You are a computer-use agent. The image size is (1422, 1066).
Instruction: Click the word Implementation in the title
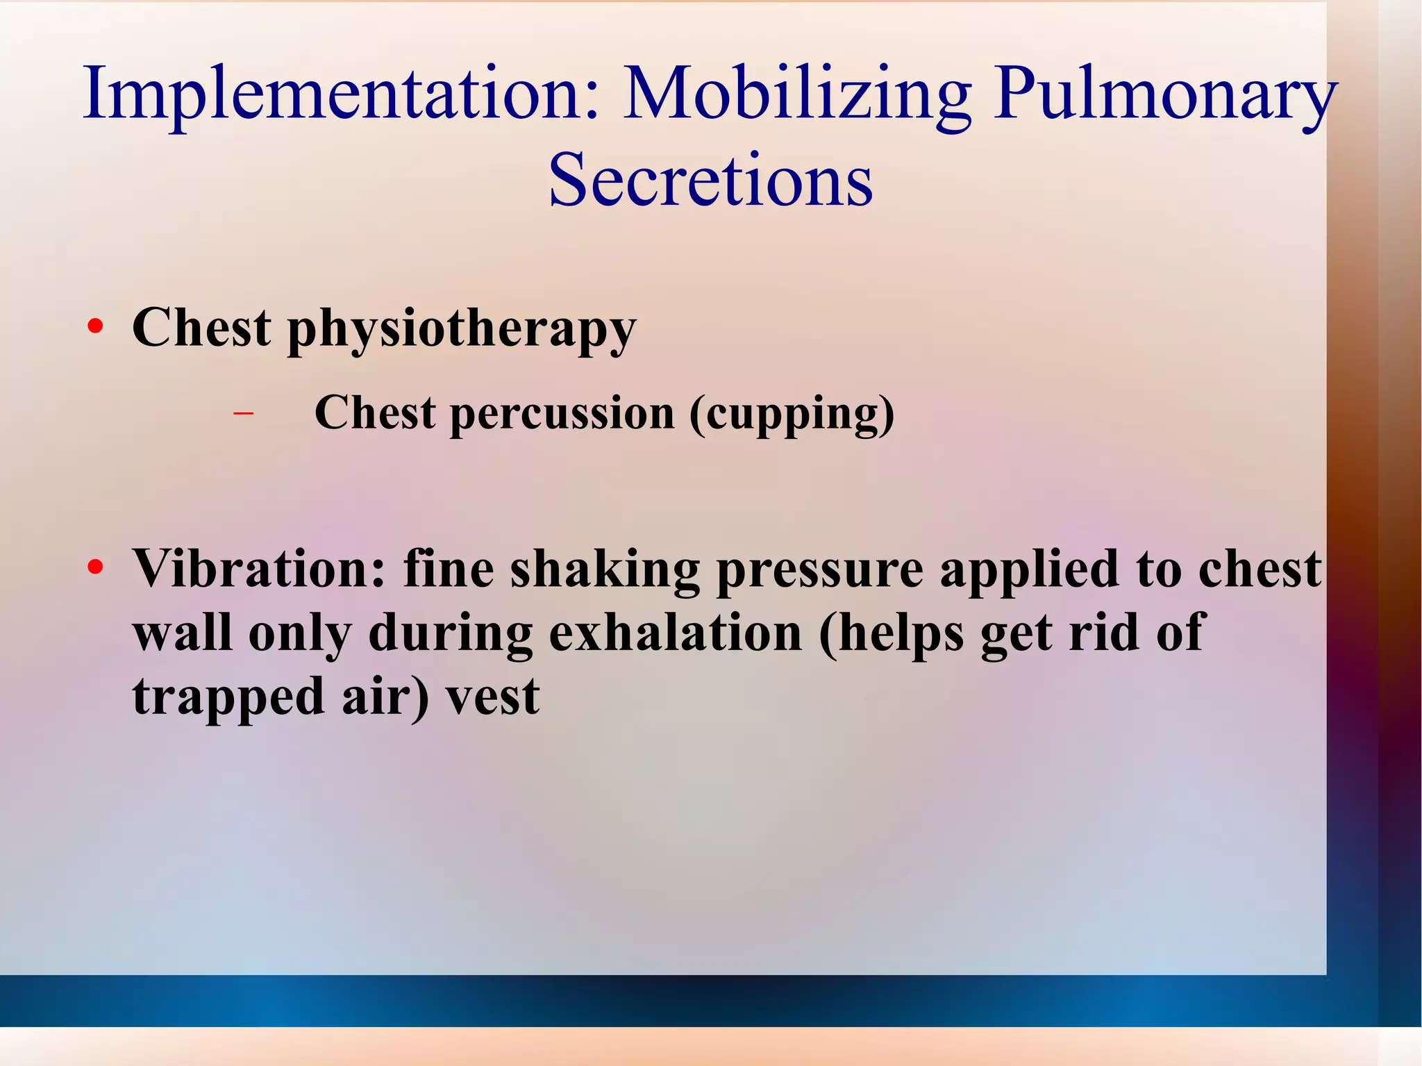pyautogui.click(x=340, y=94)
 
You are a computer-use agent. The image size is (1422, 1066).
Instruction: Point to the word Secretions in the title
pyautogui.click(x=710, y=180)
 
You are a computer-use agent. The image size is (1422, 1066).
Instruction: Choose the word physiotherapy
pyautogui.click(x=462, y=328)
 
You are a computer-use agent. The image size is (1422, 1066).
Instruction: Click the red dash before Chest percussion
pyautogui.click(x=243, y=414)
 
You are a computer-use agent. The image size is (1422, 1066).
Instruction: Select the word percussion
pyautogui.click(x=562, y=414)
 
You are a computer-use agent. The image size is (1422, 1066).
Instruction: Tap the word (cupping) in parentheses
pyautogui.click(x=792, y=414)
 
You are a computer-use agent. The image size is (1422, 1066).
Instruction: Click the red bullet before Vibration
pyautogui.click(x=95, y=568)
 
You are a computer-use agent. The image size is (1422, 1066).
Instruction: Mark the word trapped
pyautogui.click(x=228, y=697)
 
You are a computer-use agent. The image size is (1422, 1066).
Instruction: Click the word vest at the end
pyautogui.click(x=492, y=697)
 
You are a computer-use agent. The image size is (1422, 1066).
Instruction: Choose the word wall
pyautogui.click(x=183, y=633)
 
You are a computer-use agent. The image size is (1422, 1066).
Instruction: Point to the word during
pyautogui.click(x=451, y=633)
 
